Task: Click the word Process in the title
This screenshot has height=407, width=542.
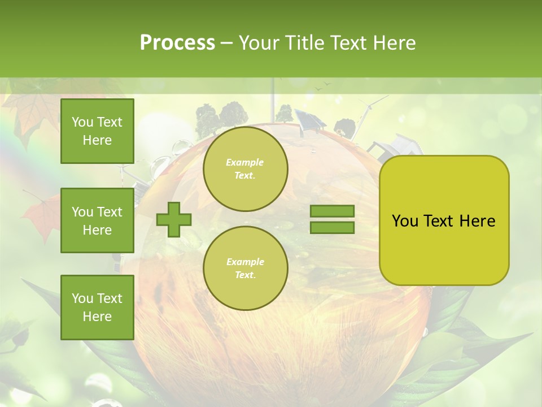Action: click(177, 43)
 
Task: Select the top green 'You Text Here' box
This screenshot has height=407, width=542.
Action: click(97, 131)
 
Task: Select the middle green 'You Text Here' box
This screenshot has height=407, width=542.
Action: click(97, 220)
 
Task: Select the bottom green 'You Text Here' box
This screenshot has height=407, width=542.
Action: click(97, 307)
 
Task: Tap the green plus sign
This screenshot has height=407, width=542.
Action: click(174, 219)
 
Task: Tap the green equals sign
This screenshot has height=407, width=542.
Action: click(332, 219)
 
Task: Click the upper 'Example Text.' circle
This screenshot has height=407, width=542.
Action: click(245, 169)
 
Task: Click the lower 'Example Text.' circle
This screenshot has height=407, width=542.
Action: click(245, 268)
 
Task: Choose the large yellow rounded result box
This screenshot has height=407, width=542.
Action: click(444, 220)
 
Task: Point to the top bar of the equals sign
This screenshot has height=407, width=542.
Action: click(332, 211)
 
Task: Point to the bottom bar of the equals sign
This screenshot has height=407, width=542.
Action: click(332, 227)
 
